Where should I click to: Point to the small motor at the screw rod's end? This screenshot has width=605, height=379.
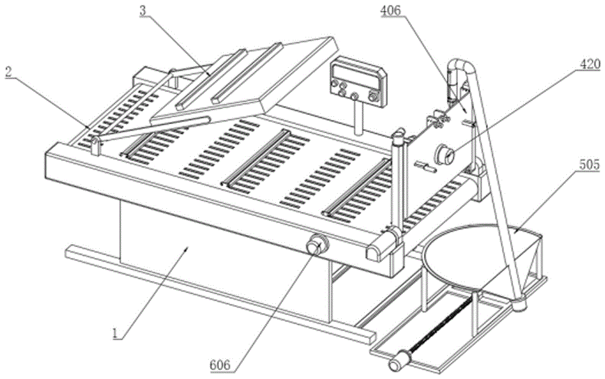(x=397, y=361)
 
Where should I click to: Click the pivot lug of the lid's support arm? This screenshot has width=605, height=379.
(x=96, y=145)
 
